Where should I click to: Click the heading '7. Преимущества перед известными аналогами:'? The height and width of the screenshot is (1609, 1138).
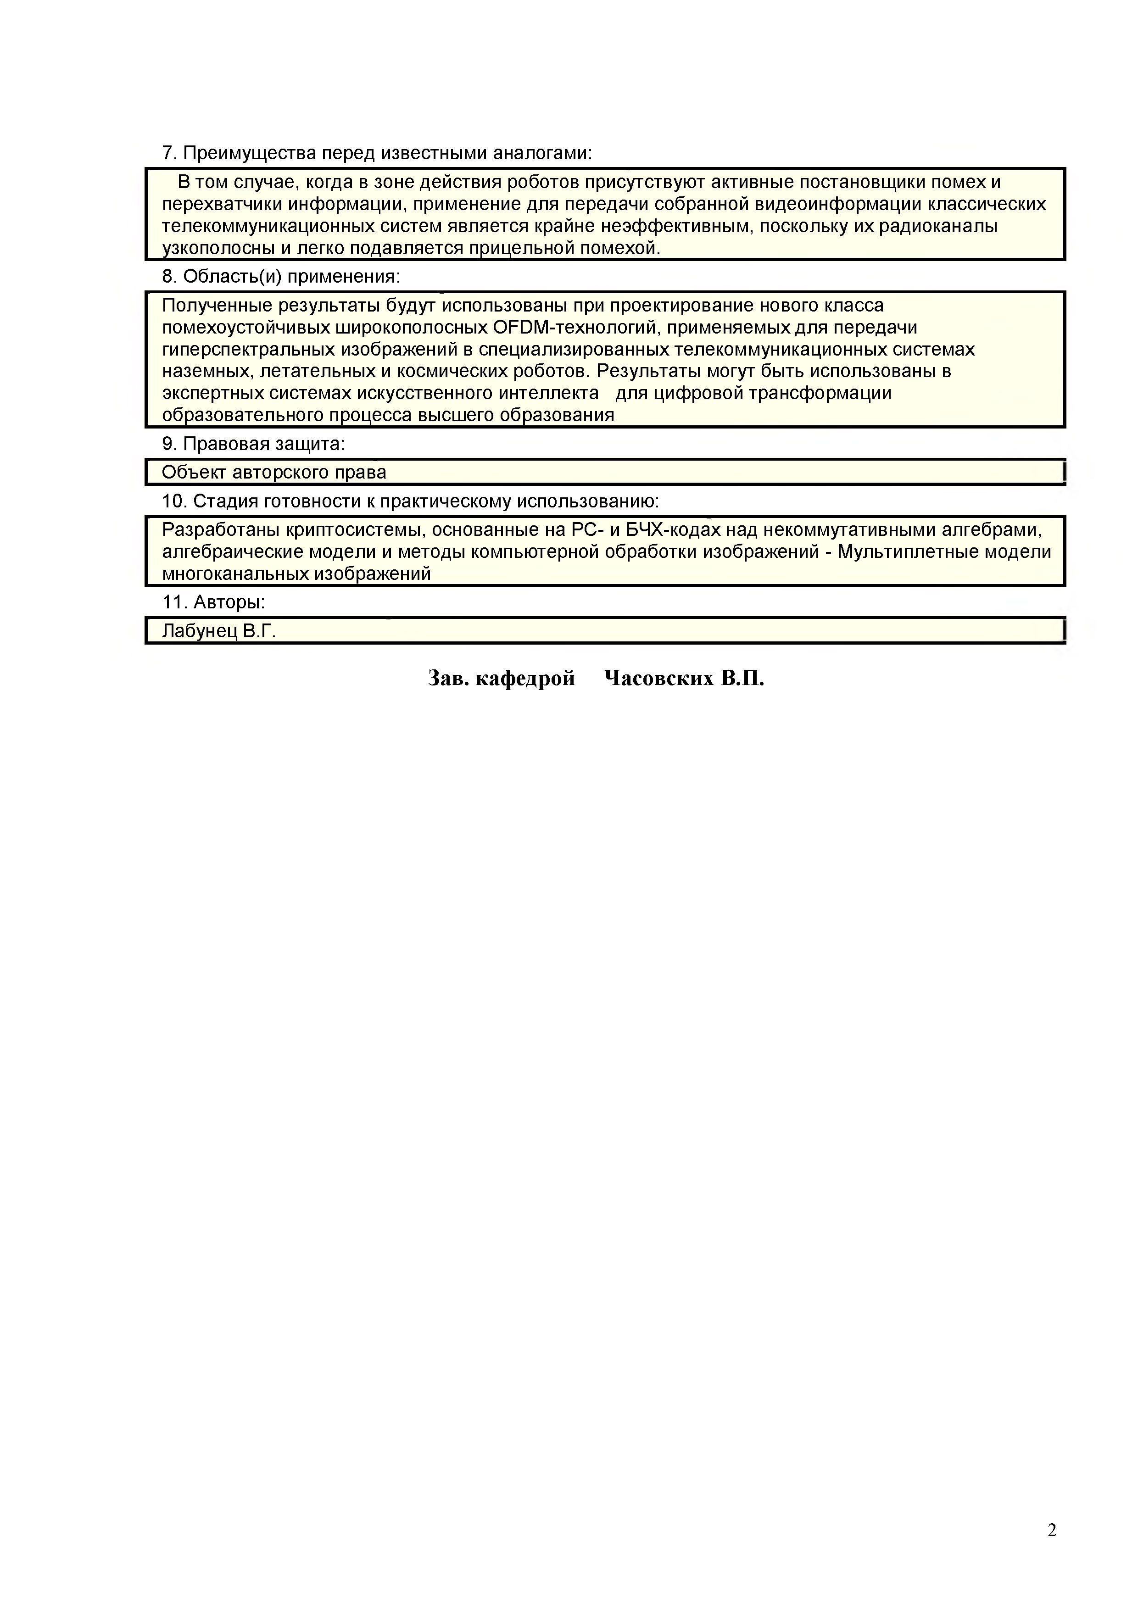(x=377, y=153)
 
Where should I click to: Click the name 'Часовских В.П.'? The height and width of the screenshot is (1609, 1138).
(x=683, y=679)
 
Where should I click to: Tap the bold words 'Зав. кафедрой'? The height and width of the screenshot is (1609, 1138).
(x=501, y=679)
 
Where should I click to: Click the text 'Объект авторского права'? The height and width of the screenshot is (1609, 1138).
(x=274, y=472)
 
